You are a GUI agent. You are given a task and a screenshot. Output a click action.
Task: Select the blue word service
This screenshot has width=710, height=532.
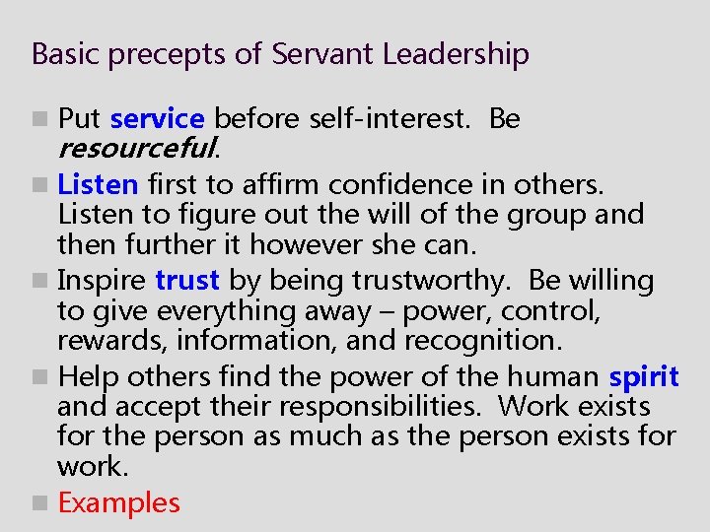point(157,119)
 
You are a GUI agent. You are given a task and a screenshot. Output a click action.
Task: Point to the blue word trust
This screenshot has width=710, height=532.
point(187,281)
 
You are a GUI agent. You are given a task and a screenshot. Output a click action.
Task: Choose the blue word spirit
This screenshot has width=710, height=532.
point(644,376)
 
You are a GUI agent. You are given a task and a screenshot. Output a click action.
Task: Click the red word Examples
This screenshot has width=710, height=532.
point(119,502)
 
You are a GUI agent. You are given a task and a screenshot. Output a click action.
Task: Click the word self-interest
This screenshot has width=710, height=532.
point(390,119)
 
